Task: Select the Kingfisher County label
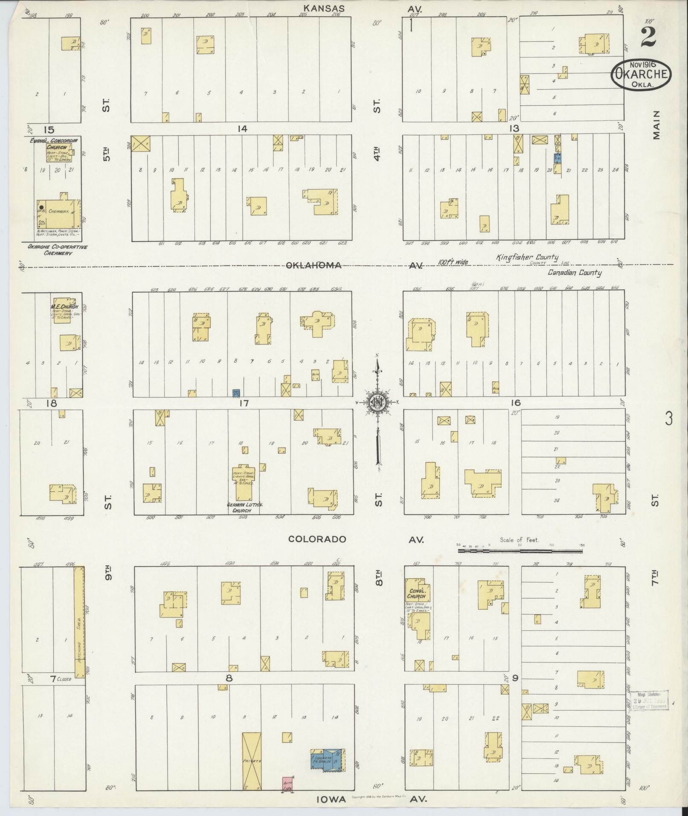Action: pos(527,257)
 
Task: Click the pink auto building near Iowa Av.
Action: pos(287,783)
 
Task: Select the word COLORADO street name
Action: pos(317,539)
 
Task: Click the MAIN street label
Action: pos(655,125)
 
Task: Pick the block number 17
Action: pos(244,403)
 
